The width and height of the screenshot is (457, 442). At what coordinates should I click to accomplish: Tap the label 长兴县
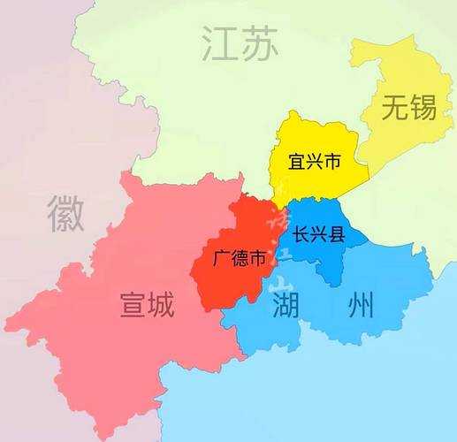click(318, 236)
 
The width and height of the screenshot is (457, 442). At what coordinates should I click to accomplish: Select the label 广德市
click(240, 259)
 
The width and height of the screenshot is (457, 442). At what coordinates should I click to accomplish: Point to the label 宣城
click(148, 306)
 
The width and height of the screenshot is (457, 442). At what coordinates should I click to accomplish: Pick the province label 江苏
click(240, 42)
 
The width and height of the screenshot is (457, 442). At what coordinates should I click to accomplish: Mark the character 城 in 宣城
click(162, 306)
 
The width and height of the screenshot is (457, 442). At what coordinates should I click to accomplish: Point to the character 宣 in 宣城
click(133, 306)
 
